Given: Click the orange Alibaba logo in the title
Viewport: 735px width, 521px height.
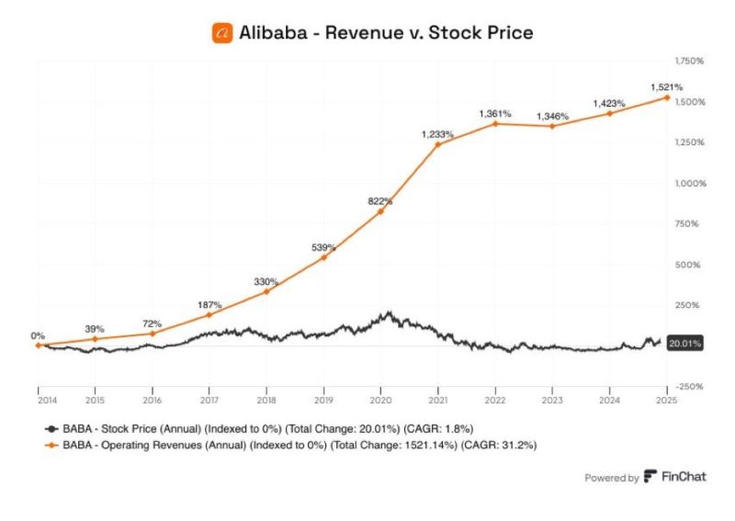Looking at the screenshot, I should (x=221, y=32).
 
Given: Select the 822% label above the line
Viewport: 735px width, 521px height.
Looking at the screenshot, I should (x=380, y=200).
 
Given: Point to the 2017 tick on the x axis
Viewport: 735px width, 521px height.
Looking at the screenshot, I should (x=209, y=402).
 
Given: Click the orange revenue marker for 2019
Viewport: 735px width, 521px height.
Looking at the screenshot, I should (x=322, y=257).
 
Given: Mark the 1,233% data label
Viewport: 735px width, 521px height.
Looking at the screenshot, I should (x=437, y=133).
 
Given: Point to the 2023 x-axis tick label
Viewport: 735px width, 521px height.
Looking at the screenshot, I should (x=551, y=402).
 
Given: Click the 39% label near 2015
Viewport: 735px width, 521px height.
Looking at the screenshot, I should (x=95, y=328).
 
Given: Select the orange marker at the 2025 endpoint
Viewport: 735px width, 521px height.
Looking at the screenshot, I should (x=665, y=97).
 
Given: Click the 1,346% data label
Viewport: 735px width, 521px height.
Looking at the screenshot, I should (x=551, y=117).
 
